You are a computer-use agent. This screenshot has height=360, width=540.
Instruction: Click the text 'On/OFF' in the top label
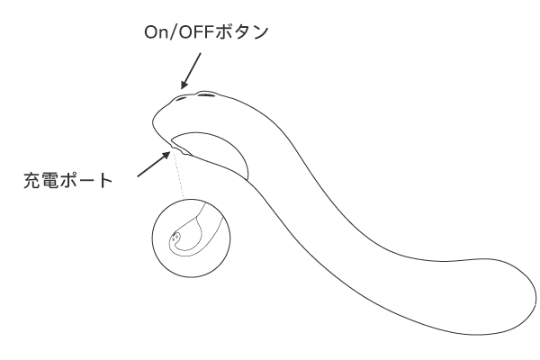(x=179, y=32)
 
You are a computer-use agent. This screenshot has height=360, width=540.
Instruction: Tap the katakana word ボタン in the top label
(x=241, y=32)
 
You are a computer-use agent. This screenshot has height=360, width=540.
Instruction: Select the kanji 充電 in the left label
(x=41, y=180)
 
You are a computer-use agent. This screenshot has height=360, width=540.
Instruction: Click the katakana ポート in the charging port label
(x=86, y=180)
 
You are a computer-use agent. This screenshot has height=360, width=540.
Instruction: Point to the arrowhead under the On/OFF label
(x=184, y=84)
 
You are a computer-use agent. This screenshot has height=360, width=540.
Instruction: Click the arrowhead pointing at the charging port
(x=166, y=156)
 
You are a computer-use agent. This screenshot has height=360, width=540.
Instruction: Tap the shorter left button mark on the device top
(x=181, y=98)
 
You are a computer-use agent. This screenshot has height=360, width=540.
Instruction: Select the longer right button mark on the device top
(x=206, y=94)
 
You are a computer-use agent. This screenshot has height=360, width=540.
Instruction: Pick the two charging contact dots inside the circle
(x=175, y=237)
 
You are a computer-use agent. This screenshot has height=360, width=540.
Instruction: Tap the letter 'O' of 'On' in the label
(x=150, y=32)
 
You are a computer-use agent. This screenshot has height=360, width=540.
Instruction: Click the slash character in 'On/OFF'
(x=174, y=32)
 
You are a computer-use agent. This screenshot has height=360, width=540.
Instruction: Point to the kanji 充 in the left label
(x=32, y=180)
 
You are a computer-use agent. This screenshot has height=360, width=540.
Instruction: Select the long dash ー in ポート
(x=86, y=181)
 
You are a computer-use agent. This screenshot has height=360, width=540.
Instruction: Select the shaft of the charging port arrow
(x=151, y=166)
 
